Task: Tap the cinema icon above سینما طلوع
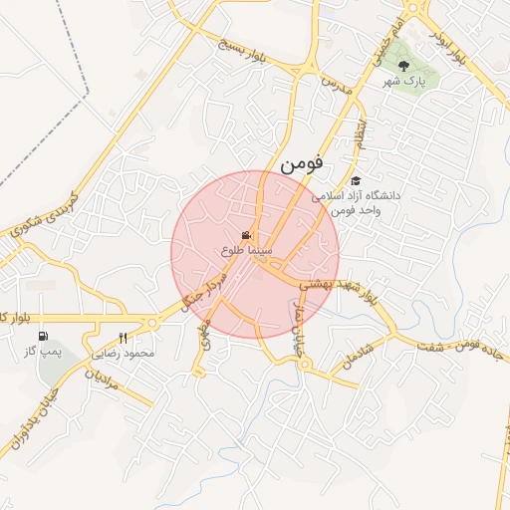click(247, 235)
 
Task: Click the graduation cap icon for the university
click(356, 179)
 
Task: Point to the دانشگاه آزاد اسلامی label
click(356, 196)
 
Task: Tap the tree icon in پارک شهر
click(403, 65)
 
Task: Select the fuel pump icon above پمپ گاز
click(43, 336)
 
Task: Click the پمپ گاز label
click(44, 352)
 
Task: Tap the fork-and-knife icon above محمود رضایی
click(124, 337)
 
